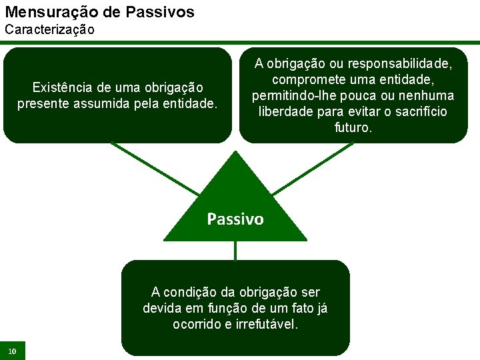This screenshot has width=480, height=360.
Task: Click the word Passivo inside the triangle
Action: [x=235, y=219]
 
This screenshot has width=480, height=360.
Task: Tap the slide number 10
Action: [x=12, y=351]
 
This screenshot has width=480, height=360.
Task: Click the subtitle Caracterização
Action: [x=50, y=30]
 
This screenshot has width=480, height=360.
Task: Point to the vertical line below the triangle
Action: [x=235, y=250]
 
